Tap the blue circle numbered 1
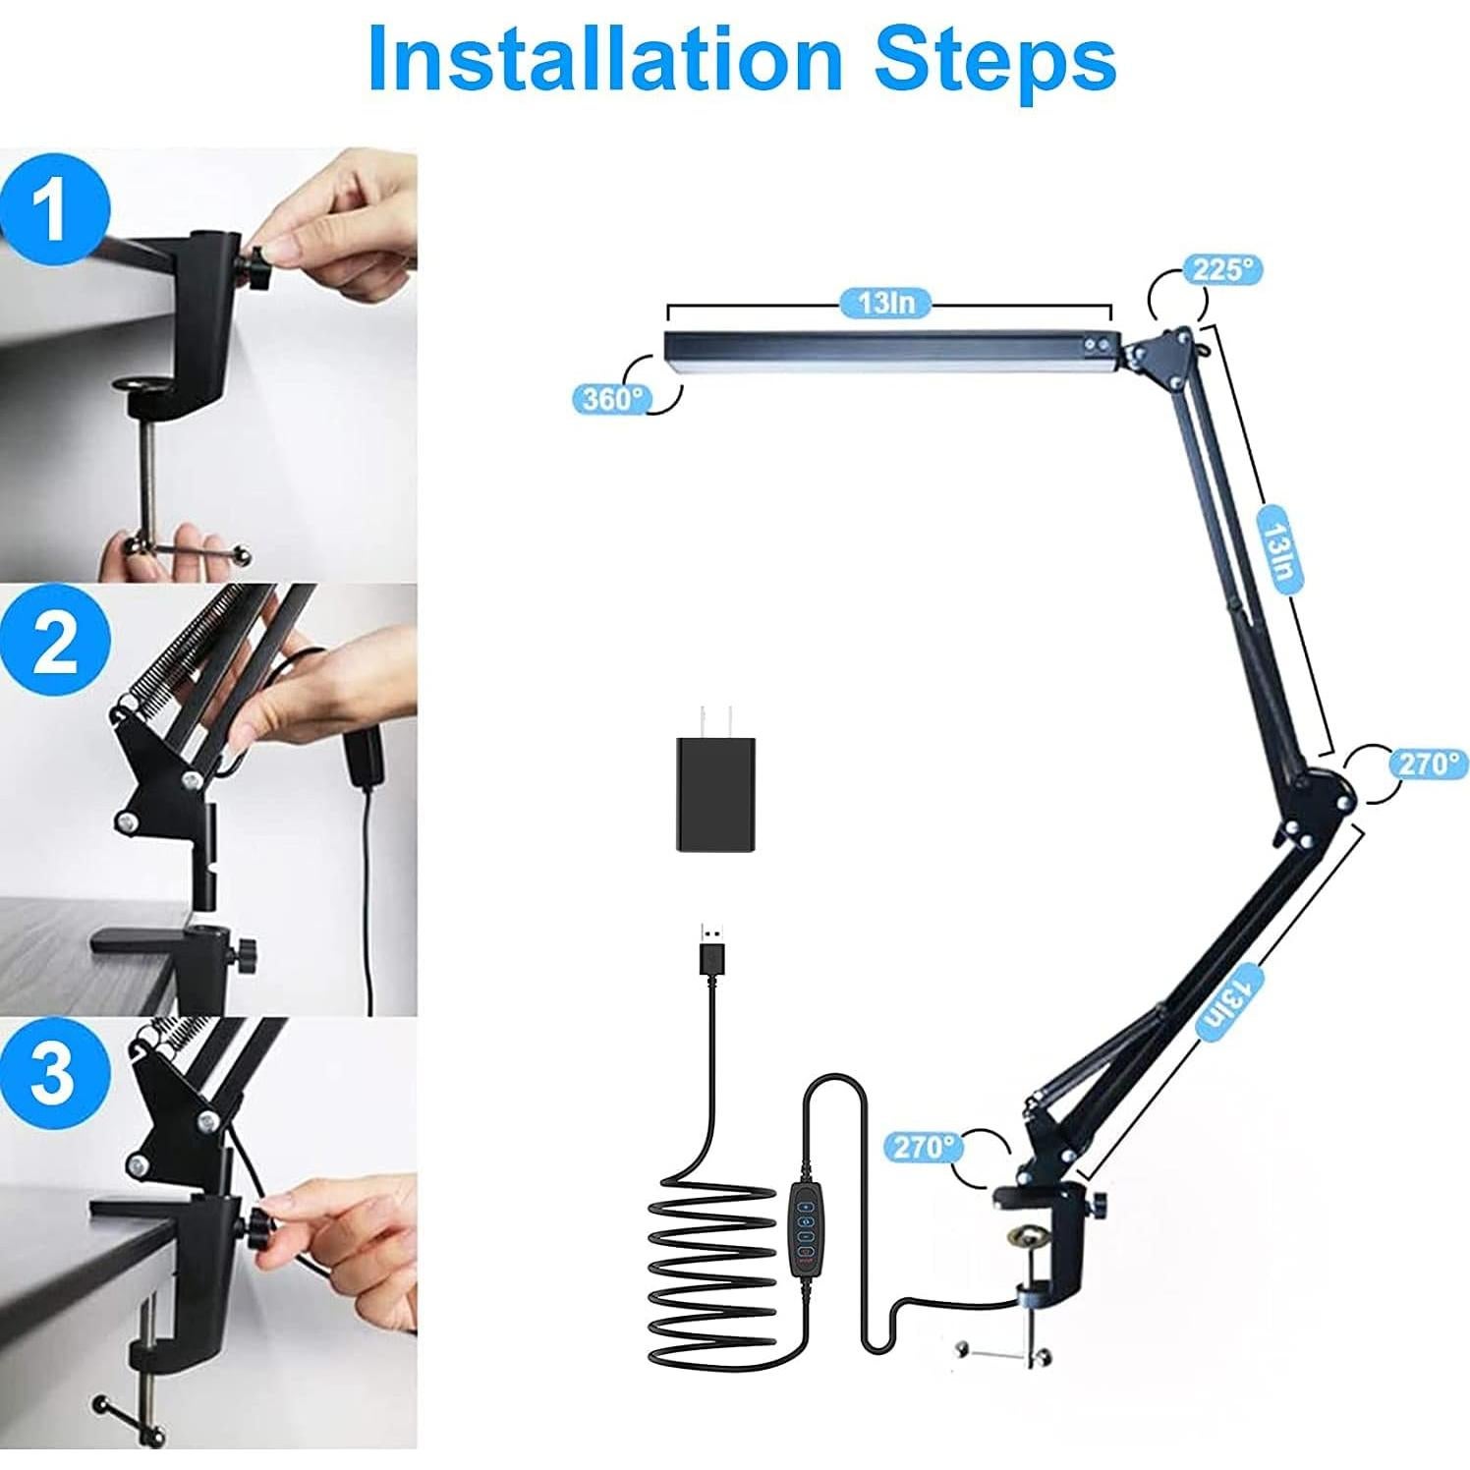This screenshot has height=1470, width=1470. tap(53, 208)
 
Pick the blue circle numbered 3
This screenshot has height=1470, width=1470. tap(53, 1075)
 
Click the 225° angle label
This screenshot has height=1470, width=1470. tap(1221, 270)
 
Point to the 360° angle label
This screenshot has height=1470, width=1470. tap(611, 398)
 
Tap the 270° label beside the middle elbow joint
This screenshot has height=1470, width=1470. tap(1427, 763)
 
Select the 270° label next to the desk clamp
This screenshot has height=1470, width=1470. tap(922, 1146)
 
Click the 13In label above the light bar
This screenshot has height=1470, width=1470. tap(886, 302)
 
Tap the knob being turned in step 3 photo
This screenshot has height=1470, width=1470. tap(260, 1226)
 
